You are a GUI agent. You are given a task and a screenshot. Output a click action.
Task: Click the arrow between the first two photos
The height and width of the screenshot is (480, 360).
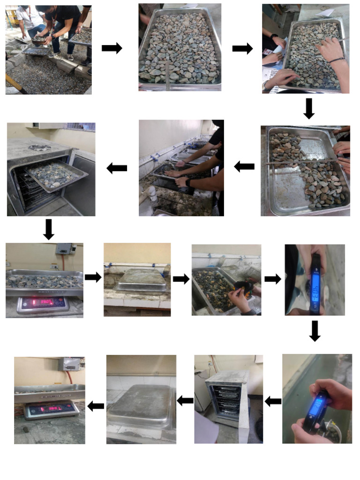click(x=112, y=48)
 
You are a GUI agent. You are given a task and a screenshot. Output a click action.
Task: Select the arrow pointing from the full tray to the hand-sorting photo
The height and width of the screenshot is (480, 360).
click(x=242, y=48)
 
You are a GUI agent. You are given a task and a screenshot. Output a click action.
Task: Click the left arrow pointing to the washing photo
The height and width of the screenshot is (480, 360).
click(x=244, y=166)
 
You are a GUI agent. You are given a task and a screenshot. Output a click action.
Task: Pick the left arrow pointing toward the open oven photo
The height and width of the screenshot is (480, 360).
click(x=117, y=168)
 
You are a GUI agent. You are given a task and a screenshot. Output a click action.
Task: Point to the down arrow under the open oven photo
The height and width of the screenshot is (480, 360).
click(x=48, y=229)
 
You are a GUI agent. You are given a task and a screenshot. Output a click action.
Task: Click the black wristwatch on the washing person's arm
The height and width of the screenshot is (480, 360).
click(x=188, y=182)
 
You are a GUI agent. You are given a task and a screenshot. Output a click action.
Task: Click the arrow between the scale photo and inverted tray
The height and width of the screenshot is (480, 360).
click(x=93, y=277)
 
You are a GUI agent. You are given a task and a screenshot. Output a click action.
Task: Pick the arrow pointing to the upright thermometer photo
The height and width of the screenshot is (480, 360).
click(x=272, y=279)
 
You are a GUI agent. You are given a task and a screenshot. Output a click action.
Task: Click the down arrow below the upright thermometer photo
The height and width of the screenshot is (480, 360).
click(x=315, y=331)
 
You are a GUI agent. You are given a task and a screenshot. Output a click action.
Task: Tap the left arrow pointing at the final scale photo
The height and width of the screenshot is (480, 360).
click(x=96, y=406)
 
